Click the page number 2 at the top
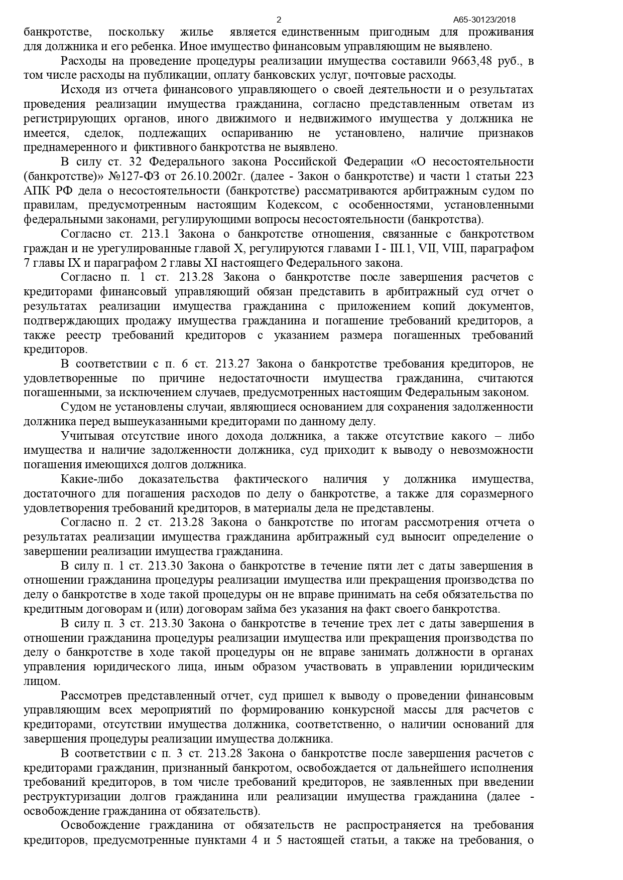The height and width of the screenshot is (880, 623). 279,20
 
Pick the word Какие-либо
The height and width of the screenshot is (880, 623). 92,479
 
